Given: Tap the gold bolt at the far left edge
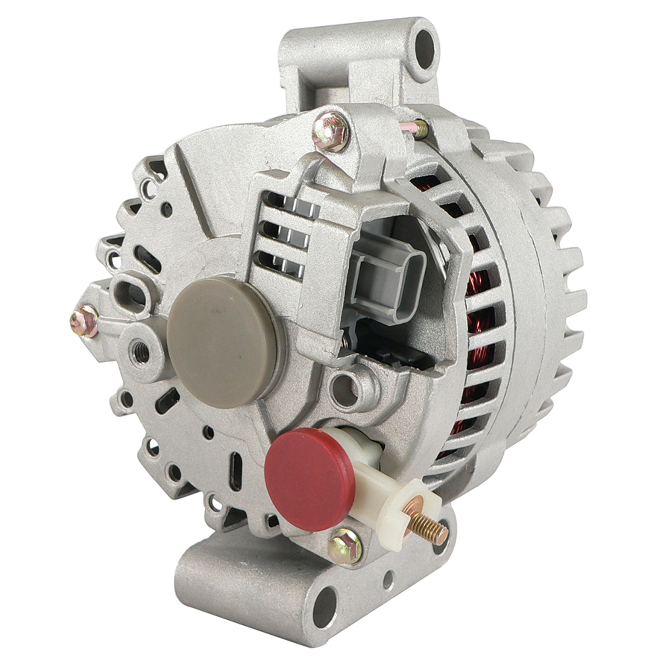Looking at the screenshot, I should [83, 321].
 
